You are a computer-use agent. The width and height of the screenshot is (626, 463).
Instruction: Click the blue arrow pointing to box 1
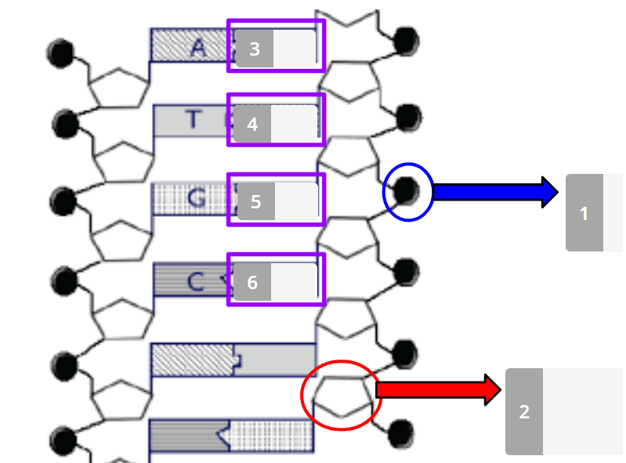pos(495,192)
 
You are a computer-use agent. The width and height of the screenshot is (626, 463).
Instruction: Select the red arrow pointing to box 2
pos(438,389)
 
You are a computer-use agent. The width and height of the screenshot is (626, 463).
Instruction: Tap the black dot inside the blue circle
pos(407,191)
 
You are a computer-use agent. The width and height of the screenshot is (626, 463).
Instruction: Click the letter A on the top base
pos(198,49)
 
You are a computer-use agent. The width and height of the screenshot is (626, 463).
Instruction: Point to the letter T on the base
pos(194,119)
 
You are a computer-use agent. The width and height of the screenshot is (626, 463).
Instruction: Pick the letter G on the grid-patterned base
pos(197,198)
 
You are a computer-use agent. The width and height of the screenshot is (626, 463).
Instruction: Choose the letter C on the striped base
pos(196,281)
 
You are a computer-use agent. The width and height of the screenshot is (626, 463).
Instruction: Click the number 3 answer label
pos(255,49)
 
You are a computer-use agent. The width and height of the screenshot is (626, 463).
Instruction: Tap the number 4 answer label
pos(252,124)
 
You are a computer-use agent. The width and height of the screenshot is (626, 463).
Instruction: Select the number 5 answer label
pos(256,201)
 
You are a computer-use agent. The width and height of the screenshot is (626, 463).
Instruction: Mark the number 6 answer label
pos(252,282)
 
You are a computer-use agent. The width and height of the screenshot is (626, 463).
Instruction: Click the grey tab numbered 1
pos(584,213)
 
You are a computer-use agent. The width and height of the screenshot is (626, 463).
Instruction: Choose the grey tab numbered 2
pos(524,411)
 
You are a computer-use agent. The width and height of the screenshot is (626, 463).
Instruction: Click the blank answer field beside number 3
pos(295,49)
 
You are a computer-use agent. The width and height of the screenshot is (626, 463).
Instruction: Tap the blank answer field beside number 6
pos(295,282)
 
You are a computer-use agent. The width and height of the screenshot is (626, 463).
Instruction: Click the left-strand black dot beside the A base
pos(60,53)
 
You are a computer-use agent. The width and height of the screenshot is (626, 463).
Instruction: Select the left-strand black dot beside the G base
pos(63,201)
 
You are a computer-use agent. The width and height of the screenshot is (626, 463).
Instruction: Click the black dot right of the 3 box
pos(406,41)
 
